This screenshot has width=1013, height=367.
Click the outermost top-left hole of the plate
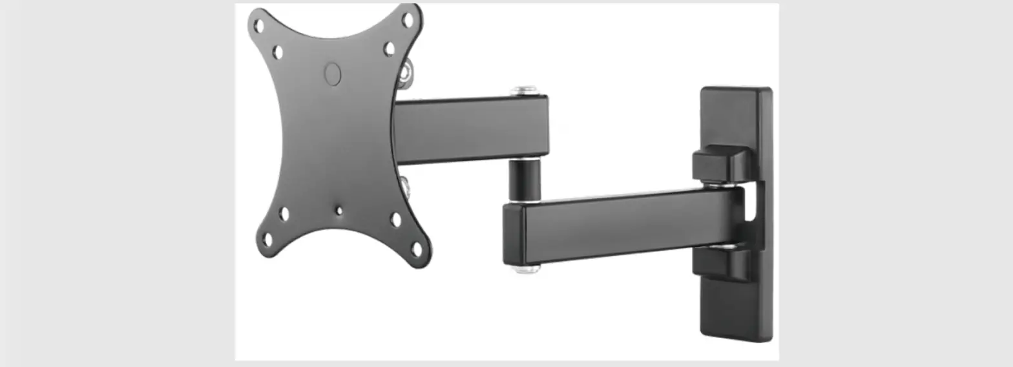[x=258, y=26]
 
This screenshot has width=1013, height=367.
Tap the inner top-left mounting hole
[x=277, y=52]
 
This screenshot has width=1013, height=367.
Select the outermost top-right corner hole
[x=408, y=20]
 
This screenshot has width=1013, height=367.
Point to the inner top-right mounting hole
[x=389, y=49]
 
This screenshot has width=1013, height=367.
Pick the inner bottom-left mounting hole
[x=284, y=214]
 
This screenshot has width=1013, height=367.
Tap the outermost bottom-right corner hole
[x=417, y=249]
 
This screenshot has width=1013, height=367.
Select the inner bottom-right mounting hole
[x=396, y=220]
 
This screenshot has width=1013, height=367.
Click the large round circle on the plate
[x=332, y=74]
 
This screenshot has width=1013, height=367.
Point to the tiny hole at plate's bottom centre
[x=339, y=210]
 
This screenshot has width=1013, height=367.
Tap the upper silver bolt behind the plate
[x=404, y=72]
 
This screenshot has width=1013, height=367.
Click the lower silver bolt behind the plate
[x=404, y=187]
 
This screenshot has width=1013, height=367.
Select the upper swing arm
[x=472, y=129]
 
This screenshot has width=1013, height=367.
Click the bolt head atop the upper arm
[x=524, y=90]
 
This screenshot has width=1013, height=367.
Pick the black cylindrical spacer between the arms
[x=524, y=180]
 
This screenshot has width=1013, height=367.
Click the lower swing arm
[x=620, y=226]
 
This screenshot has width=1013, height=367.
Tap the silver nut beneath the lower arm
[x=526, y=267]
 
